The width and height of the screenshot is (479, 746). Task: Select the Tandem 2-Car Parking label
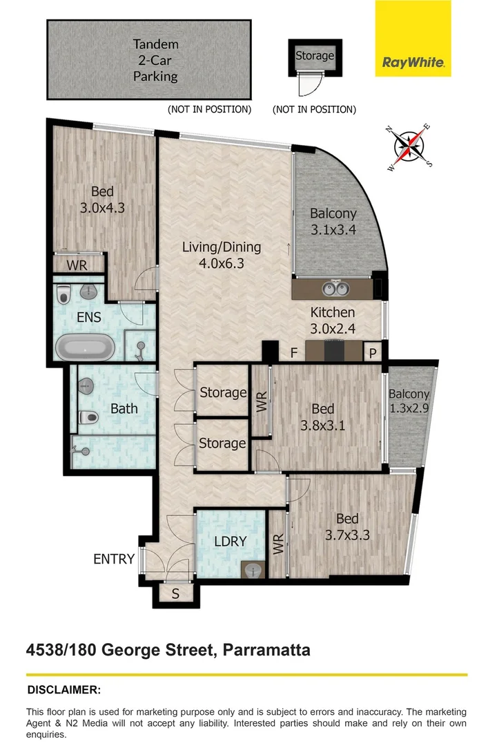(155, 60)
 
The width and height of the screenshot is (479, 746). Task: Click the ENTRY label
(113, 559)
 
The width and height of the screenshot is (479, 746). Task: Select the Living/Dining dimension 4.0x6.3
(222, 262)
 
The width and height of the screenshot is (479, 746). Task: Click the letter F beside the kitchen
(293, 353)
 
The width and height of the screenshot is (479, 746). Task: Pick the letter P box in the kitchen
(373, 353)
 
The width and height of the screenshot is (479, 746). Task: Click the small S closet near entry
(175, 593)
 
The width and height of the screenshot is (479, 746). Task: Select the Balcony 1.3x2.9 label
(409, 401)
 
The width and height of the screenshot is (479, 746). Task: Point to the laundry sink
(253, 570)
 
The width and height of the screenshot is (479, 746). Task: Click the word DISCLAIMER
(63, 689)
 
